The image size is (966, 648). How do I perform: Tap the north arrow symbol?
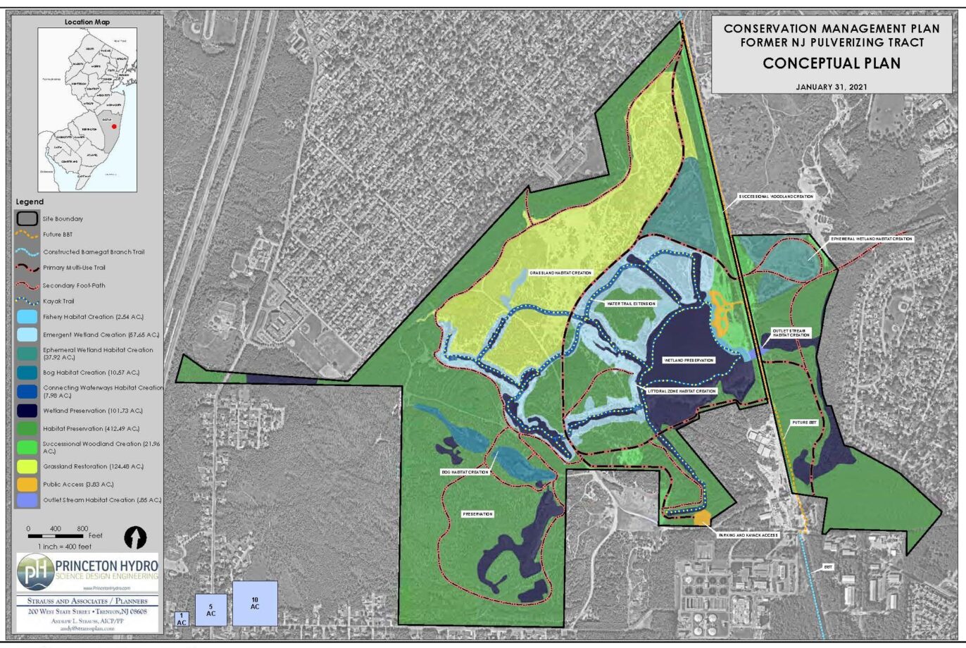tap(135, 537)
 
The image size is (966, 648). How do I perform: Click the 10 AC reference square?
tap(255, 603)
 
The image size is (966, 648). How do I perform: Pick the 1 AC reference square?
tap(182, 619)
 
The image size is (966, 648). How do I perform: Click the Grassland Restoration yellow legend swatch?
tap(27, 466)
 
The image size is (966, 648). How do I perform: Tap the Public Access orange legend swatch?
tap(27, 485)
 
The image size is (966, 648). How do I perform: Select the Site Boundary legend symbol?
tap(27, 218)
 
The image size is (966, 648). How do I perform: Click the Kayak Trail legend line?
tap(27, 301)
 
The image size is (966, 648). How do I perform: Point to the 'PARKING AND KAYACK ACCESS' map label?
tap(747, 535)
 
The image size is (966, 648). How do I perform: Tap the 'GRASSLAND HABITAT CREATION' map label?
tap(560, 273)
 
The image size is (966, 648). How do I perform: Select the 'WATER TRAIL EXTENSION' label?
tap(631, 304)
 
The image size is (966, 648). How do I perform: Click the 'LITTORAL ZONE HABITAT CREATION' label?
tap(682, 391)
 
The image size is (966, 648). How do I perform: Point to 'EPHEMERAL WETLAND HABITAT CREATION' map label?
tap(871, 239)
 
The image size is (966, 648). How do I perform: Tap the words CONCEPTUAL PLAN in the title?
tap(832, 63)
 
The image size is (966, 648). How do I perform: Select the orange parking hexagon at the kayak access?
tap(702, 518)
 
